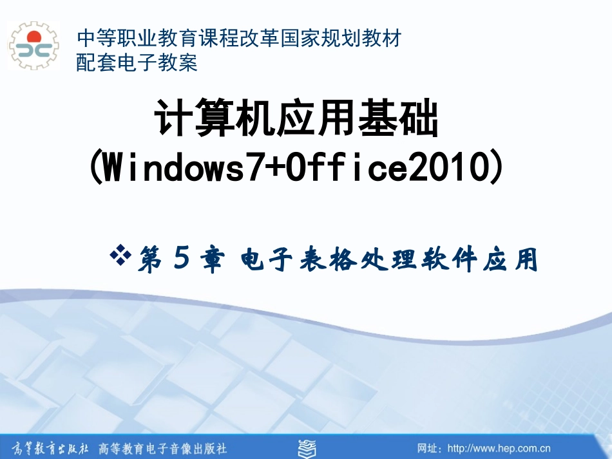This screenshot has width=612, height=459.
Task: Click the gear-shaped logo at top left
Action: coord(33,46)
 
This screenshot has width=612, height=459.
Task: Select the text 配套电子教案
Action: coord(137,63)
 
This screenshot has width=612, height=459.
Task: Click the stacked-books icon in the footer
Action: coord(305,447)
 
